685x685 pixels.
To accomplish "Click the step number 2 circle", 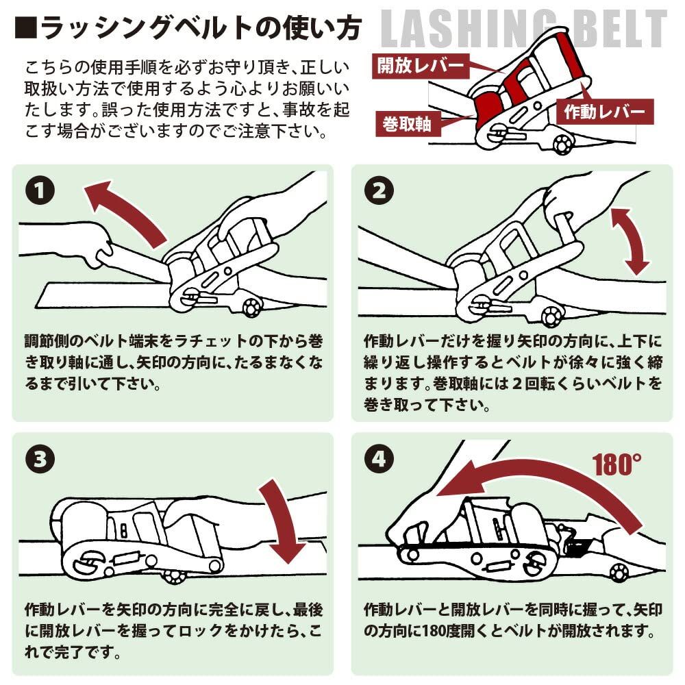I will (x=378, y=191).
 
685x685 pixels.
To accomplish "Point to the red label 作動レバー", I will (x=605, y=112).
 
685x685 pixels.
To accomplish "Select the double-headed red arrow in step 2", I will (x=630, y=240).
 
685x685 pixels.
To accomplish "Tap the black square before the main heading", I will (x=25, y=29).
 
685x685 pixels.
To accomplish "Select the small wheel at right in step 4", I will (x=619, y=573).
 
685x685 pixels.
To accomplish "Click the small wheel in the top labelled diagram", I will (x=563, y=144).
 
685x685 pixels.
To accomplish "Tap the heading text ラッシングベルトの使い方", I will (x=198, y=29).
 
